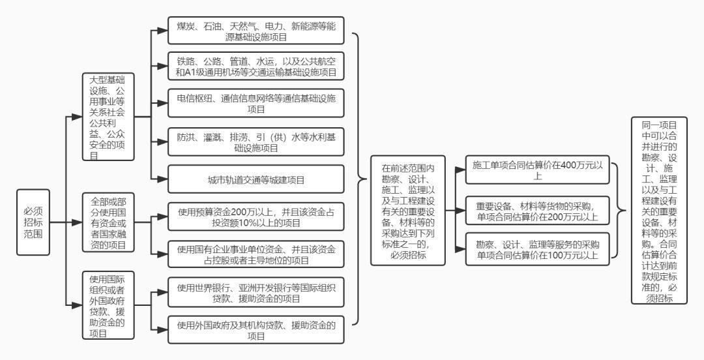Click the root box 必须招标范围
coord(33,222)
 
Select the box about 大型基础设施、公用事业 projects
coord(108,117)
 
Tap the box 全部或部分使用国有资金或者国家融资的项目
coord(108,222)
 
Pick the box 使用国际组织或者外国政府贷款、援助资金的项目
coord(108,305)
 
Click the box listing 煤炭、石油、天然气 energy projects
coord(256,31)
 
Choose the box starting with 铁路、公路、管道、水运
coord(256,66)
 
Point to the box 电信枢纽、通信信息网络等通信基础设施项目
coord(256,103)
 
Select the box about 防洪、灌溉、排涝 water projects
coord(256,142)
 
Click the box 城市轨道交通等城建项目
coord(256,179)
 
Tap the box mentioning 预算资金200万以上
coord(256,217)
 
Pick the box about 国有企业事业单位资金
coord(256,254)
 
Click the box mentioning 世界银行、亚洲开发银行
coord(256,292)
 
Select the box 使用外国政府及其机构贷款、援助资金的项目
coord(256,330)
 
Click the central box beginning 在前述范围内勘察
coord(408,211)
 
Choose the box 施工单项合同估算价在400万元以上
coord(537,170)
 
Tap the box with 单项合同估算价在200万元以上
coord(537,211)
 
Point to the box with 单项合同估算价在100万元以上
coord(537,249)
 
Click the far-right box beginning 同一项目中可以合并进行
coord(659,211)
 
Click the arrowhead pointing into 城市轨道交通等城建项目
coord(162,179)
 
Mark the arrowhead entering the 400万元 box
coord(460,170)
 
